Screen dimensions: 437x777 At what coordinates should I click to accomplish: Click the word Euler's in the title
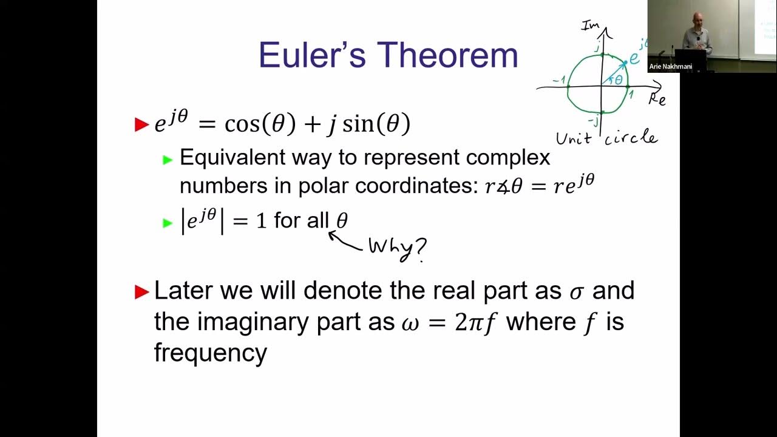click(312, 55)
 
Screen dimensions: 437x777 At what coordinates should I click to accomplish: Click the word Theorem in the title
click(447, 55)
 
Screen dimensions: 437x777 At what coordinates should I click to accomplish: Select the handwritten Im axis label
click(590, 25)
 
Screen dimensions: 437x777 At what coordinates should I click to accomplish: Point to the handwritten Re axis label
click(657, 99)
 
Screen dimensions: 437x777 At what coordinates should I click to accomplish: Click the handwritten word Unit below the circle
click(574, 138)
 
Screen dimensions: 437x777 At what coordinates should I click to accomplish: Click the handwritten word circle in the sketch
click(631, 137)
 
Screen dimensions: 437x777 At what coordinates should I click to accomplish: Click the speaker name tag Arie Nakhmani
click(670, 67)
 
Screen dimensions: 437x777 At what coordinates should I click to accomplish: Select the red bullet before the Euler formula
click(141, 125)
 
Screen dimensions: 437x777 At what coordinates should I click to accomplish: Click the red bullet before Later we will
click(141, 292)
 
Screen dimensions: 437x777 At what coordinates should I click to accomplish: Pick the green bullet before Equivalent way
click(168, 160)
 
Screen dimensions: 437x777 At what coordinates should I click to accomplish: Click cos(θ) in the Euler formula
click(260, 124)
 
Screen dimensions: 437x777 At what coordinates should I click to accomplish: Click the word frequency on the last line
click(210, 353)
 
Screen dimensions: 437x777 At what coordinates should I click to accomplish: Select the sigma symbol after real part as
click(576, 292)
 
